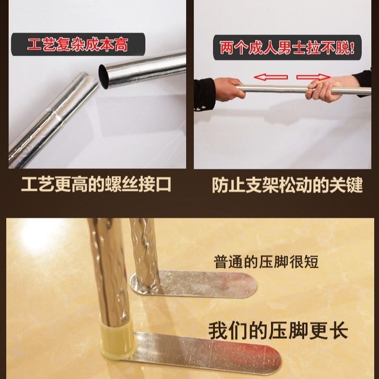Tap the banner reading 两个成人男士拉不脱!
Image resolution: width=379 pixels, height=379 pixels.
[287, 48]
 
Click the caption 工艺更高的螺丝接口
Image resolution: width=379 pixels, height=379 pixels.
[96, 185]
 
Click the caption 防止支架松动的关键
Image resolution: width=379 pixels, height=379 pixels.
[287, 185]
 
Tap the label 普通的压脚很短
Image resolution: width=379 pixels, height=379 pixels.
[266, 262]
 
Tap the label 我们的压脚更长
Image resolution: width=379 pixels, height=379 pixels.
[278, 331]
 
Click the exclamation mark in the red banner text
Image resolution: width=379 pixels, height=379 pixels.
[353, 48]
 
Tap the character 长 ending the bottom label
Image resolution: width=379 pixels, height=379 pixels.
[338, 331]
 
